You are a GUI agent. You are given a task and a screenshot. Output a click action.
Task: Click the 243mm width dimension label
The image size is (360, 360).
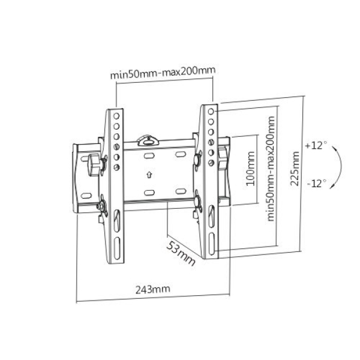click(x=152, y=289)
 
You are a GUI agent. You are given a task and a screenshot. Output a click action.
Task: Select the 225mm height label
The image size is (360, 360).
click(x=295, y=169)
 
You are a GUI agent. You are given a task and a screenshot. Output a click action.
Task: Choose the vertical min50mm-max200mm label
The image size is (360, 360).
click(x=271, y=169)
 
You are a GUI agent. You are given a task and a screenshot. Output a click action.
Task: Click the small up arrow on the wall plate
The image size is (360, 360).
click(x=148, y=175)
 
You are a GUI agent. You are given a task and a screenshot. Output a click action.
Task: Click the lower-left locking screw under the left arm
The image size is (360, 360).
click(x=102, y=206)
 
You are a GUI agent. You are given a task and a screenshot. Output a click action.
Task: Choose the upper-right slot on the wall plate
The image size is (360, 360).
click(x=179, y=155)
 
